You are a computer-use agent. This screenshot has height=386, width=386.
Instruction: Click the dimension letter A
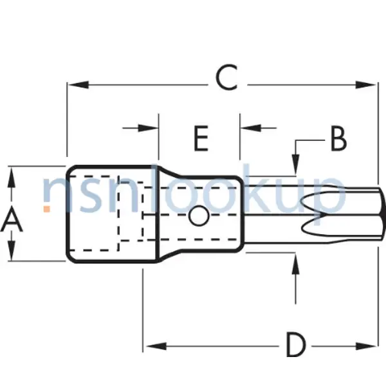(x=12, y=222)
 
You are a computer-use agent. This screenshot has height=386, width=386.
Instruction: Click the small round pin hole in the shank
(x=199, y=217)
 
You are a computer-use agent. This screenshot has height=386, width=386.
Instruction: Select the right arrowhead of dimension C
(x=367, y=84)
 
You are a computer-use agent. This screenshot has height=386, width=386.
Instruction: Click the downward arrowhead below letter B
(x=296, y=167)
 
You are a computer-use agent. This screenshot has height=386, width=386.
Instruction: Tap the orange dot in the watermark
(x=46, y=208)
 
